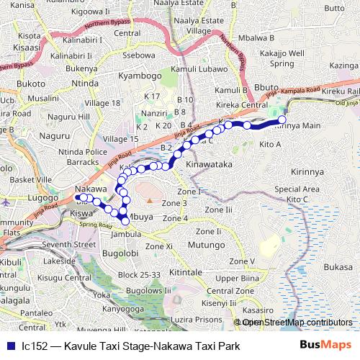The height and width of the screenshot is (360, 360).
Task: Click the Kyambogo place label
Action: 140,76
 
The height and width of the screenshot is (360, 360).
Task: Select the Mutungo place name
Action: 207,246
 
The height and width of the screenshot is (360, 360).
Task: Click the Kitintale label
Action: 186,273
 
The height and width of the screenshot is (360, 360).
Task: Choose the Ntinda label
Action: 85,84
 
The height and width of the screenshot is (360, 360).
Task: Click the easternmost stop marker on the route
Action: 282,120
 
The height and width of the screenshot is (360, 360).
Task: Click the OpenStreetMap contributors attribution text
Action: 297,323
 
